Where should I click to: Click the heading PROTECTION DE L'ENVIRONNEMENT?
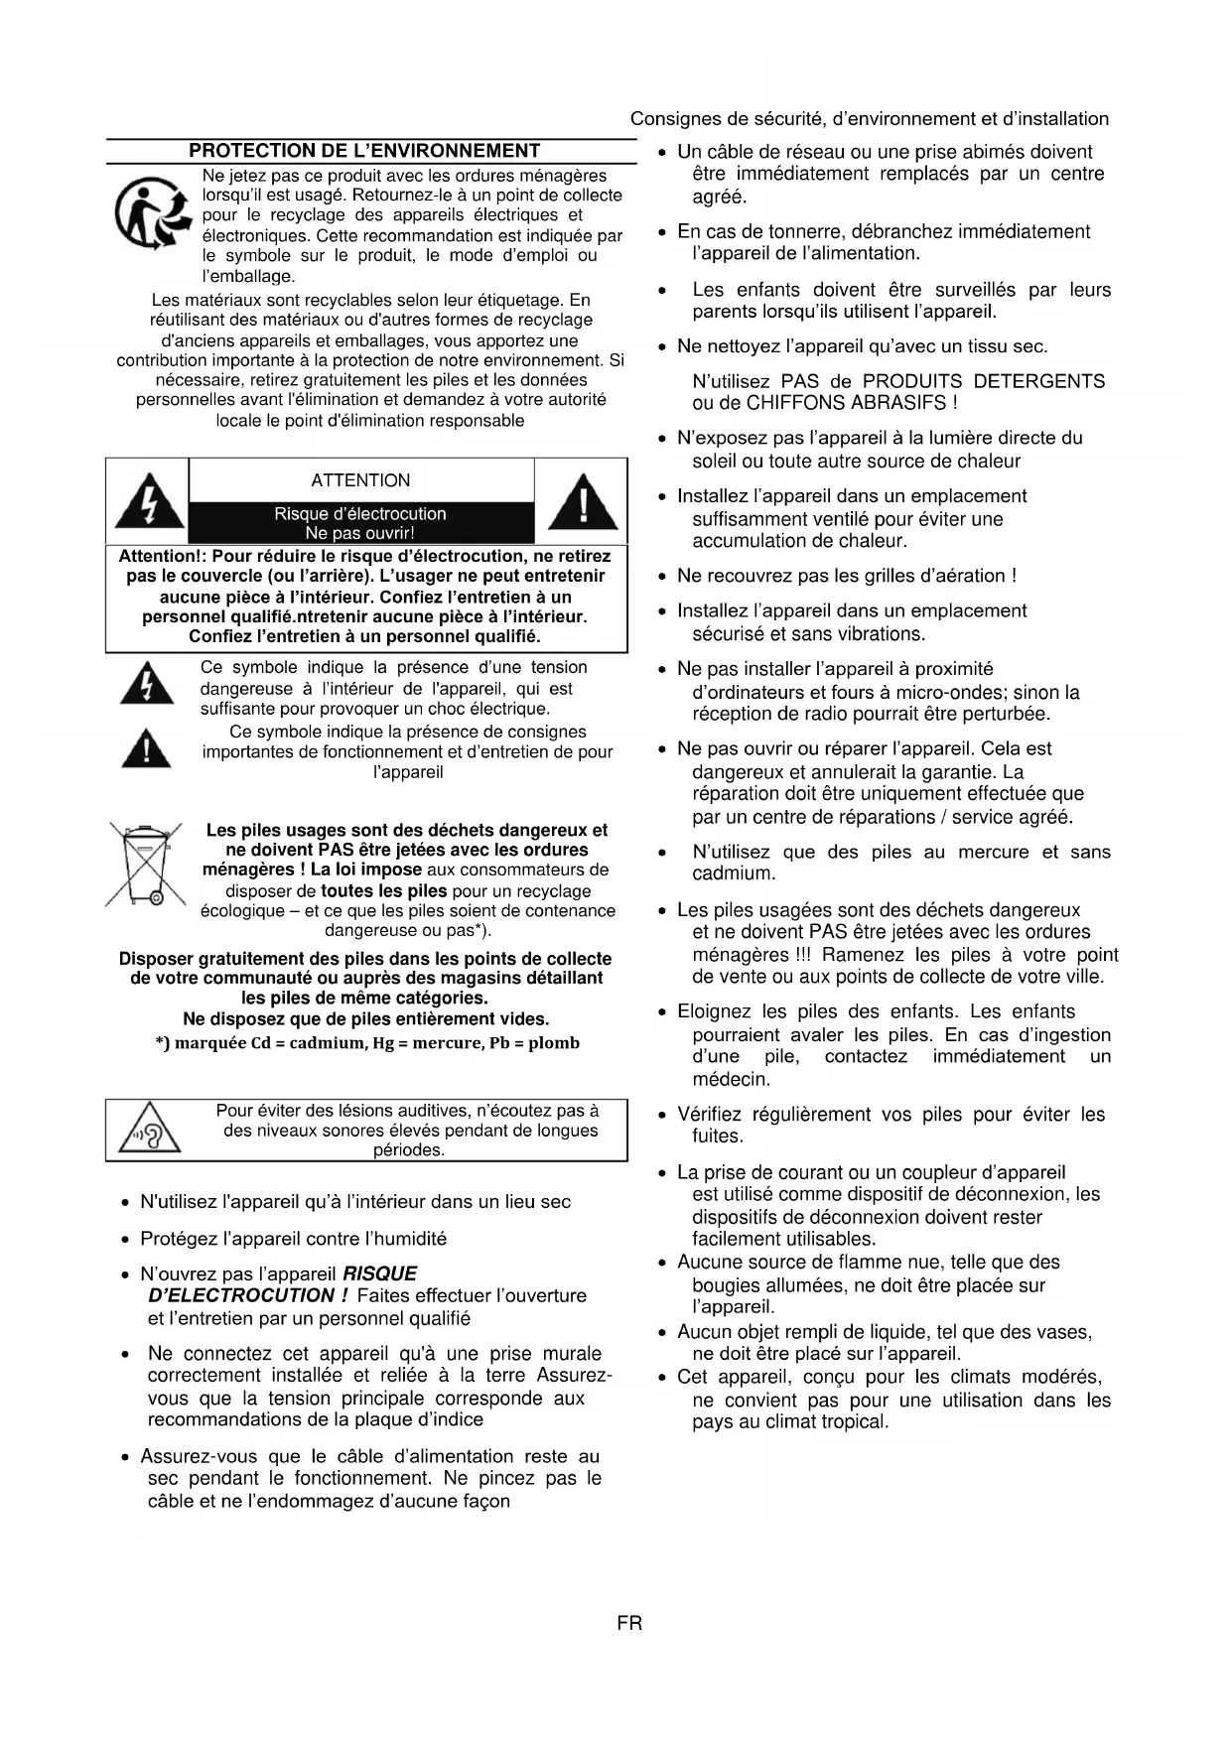coord(364,151)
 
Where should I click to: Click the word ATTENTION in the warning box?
coord(360,480)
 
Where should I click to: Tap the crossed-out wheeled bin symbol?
coord(144,865)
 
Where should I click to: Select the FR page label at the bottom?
coord(629,1623)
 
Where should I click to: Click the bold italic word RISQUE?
coord(380,1273)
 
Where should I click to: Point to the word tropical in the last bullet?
coord(853,1421)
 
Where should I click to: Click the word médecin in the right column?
coord(731,1079)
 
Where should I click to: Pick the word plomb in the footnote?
coord(554,1043)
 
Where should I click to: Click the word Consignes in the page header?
coord(668,119)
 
